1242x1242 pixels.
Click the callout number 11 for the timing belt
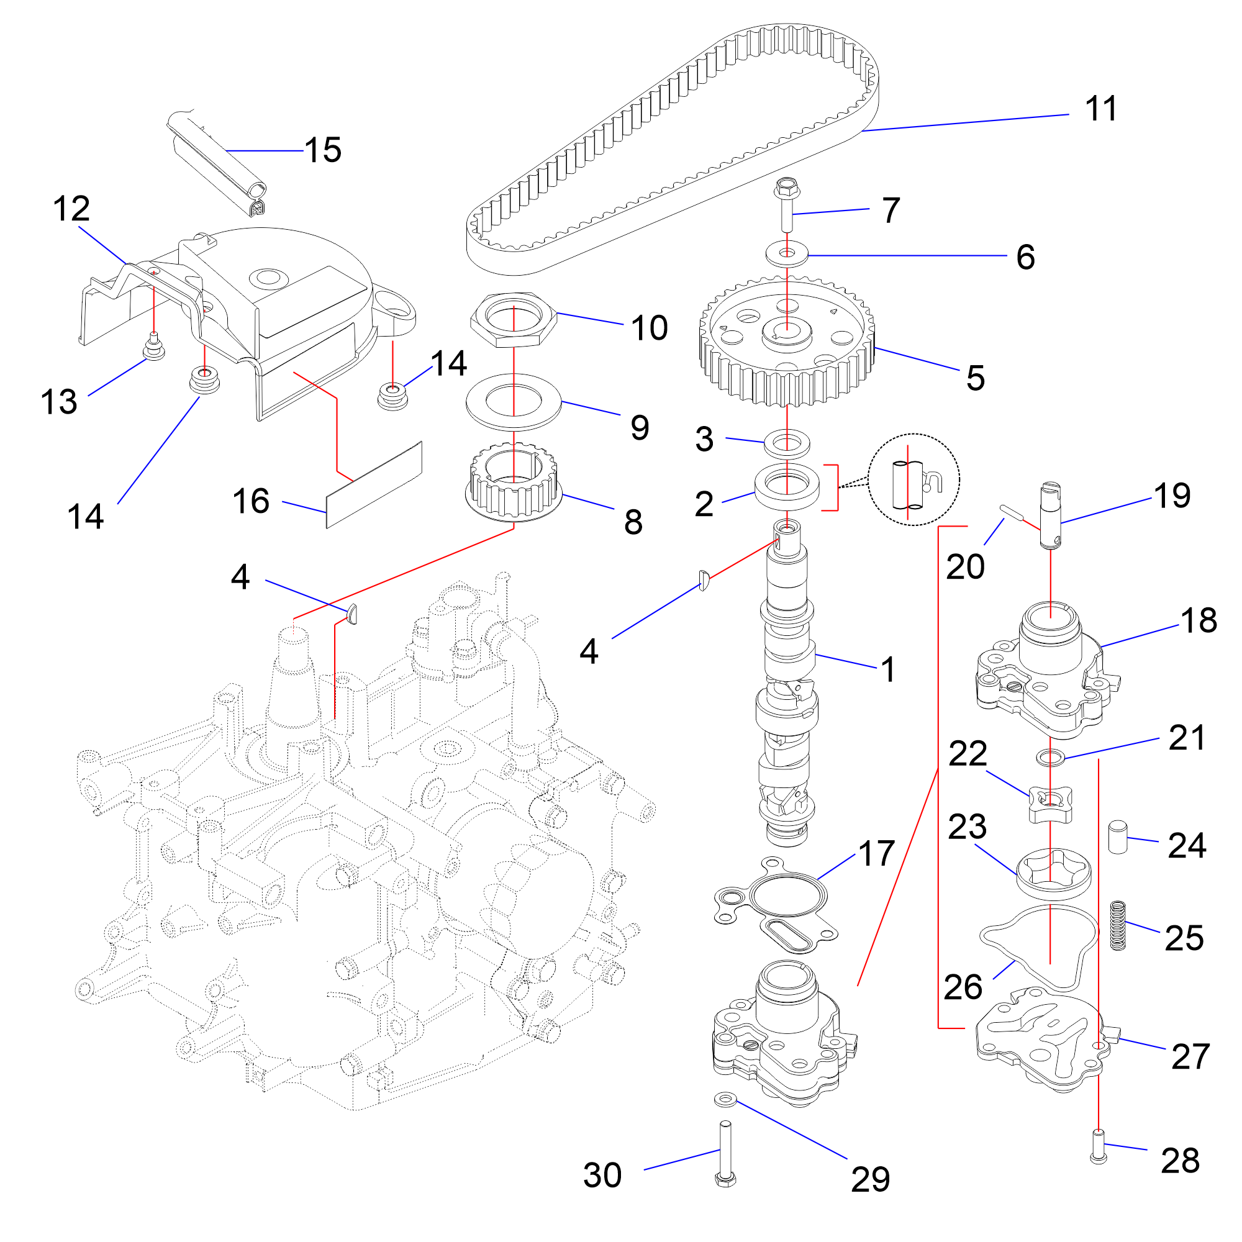(1100, 109)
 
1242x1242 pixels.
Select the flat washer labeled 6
(787, 253)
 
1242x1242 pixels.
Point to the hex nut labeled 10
(513, 319)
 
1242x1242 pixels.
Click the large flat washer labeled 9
(513, 402)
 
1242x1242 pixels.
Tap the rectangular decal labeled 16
(374, 486)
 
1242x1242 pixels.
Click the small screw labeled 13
(153, 347)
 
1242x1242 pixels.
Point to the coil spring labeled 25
(1118, 925)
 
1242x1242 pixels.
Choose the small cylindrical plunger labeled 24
(1117, 836)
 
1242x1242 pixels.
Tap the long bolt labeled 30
(725, 1154)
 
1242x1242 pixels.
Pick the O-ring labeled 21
(1051, 757)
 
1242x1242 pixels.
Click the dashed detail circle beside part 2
(913, 479)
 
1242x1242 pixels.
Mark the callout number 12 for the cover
(71, 209)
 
